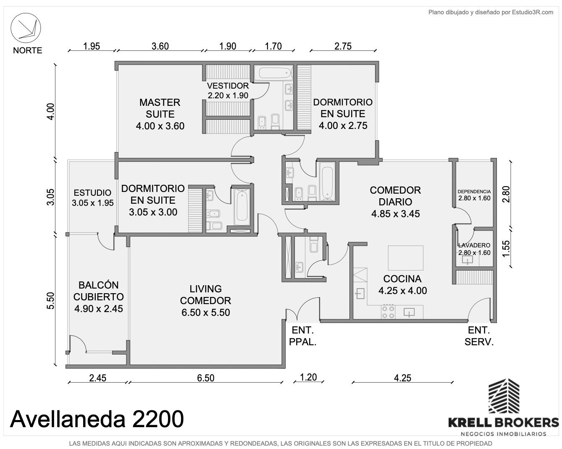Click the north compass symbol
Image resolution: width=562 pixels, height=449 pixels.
[26, 28]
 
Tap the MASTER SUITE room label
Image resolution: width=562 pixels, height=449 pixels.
[160, 108]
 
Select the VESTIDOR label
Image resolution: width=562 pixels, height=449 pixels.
[228, 86]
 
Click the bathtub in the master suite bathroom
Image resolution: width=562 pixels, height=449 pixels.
[273, 73]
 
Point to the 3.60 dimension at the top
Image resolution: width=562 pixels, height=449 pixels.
[160, 46]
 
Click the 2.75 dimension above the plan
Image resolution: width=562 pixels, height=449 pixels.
[343, 46]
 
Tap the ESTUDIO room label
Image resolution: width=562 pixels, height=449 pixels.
[92, 193]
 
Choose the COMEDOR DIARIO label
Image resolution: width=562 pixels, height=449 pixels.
[395, 196]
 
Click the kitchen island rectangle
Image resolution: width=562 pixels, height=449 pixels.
[406, 258]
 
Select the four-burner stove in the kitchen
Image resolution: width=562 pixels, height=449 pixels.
[388, 312]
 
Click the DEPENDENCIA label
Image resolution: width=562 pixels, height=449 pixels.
[474, 192]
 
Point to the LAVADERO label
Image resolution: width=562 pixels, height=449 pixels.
[474, 245]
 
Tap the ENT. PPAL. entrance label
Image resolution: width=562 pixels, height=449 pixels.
[303, 336]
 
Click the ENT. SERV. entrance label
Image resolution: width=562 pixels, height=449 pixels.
[479, 336]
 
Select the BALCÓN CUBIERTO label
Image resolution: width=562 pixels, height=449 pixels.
[98, 291]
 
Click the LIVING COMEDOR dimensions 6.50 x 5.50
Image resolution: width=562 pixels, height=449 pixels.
[206, 312]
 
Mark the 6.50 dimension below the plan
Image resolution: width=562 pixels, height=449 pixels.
[205, 378]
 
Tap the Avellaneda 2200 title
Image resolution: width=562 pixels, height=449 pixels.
[97, 419]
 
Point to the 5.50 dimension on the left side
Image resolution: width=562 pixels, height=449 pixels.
[51, 301]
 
